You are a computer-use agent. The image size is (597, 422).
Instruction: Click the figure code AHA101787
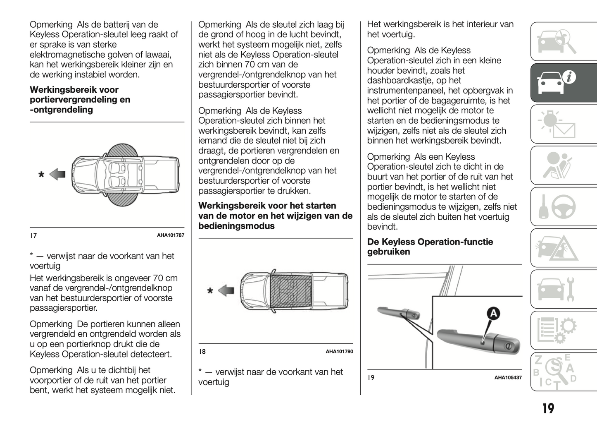point(170,235)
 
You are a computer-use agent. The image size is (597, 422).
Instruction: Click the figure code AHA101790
point(339,352)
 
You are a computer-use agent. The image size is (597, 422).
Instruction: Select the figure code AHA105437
point(508,378)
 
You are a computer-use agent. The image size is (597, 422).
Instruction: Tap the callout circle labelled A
point(493,314)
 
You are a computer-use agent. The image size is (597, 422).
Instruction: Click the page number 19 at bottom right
point(548,409)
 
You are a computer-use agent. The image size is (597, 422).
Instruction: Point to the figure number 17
point(33,235)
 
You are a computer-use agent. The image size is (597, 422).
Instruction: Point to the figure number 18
point(202,352)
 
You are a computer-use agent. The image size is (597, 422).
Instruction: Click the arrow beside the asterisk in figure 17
point(57,174)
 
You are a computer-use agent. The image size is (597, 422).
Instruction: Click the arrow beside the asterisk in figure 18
point(226,290)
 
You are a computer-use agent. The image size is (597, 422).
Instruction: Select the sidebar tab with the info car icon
point(564,83)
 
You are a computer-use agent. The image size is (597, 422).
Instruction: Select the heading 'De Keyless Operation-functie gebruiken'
point(430,247)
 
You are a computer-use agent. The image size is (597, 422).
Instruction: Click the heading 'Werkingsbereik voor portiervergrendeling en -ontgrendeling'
point(80,100)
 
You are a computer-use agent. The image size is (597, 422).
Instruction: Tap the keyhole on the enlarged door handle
point(508,346)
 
